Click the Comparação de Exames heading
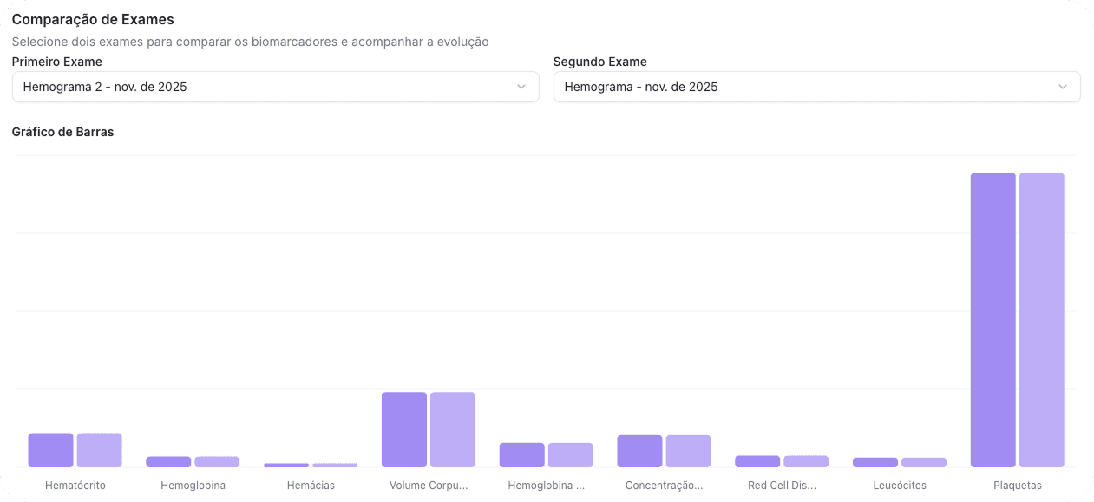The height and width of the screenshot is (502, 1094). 93,19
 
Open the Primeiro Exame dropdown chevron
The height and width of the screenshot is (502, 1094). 521,87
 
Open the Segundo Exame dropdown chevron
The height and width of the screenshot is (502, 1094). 1063,87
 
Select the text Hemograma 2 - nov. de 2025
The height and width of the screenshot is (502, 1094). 105,87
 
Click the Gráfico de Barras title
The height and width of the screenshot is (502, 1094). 62,132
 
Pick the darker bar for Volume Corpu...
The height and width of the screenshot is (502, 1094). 404,429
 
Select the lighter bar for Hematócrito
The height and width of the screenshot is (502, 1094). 99,450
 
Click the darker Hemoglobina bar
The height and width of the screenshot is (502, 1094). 168,462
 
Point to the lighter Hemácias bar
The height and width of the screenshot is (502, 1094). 335,465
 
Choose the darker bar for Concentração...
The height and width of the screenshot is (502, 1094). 639,451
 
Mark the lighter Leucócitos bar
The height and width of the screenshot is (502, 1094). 924,462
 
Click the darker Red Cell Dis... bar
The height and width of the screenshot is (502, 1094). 757,461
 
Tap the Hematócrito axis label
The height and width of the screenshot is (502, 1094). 75,486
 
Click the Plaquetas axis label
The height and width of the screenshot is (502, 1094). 1018,486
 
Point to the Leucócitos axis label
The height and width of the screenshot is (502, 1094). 900,486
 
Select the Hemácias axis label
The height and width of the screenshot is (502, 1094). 311,486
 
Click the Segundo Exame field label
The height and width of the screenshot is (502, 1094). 599,62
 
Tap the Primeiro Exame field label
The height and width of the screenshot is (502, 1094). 56,62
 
